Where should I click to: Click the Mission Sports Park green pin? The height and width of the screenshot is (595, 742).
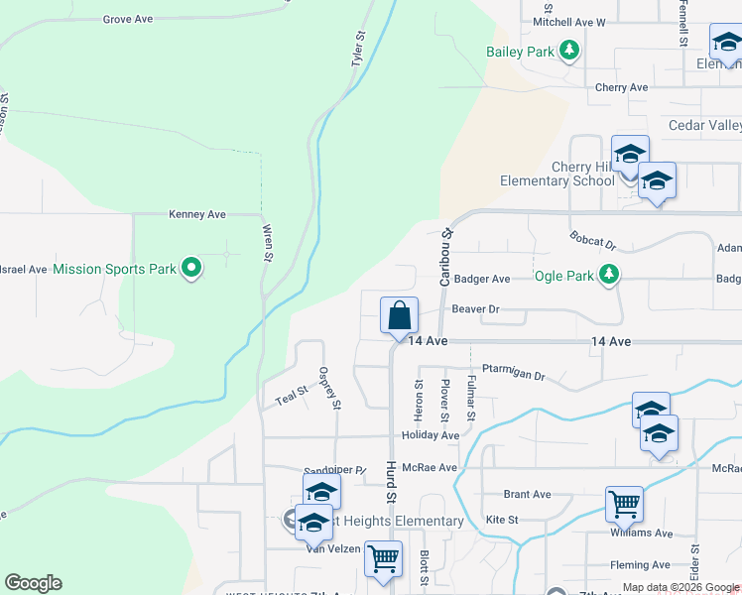[192, 268]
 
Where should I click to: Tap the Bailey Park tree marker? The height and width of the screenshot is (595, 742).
[568, 50]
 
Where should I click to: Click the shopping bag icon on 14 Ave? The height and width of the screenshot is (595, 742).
[399, 316]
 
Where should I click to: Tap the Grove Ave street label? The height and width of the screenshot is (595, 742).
[128, 19]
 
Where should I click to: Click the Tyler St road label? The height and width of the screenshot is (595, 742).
[358, 49]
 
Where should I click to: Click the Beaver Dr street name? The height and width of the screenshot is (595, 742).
[475, 309]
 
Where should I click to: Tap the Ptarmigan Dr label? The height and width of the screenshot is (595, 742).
[514, 376]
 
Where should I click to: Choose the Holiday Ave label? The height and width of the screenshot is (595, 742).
[431, 435]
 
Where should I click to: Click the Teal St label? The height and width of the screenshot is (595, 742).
[293, 395]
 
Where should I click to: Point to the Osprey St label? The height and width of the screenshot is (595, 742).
[329, 388]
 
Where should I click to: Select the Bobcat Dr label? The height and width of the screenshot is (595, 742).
[593, 241]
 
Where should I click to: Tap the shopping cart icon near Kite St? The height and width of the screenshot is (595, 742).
[624, 504]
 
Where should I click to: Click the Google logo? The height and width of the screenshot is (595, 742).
[33, 583]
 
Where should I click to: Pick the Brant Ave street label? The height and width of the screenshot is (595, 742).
[527, 494]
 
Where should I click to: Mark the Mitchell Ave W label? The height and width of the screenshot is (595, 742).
[568, 21]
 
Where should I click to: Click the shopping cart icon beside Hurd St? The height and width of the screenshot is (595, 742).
[383, 557]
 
